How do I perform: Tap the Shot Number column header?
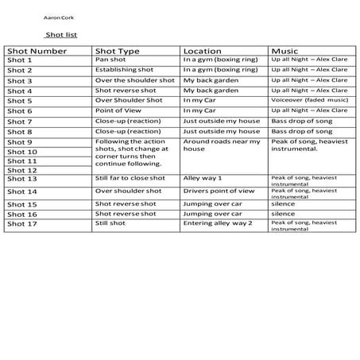point(38,51)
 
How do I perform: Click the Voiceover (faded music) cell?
point(308,101)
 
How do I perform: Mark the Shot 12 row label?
point(22,169)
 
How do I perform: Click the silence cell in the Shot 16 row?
point(283,213)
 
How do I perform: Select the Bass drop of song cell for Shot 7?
point(303,122)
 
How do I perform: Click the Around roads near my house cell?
point(221,145)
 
